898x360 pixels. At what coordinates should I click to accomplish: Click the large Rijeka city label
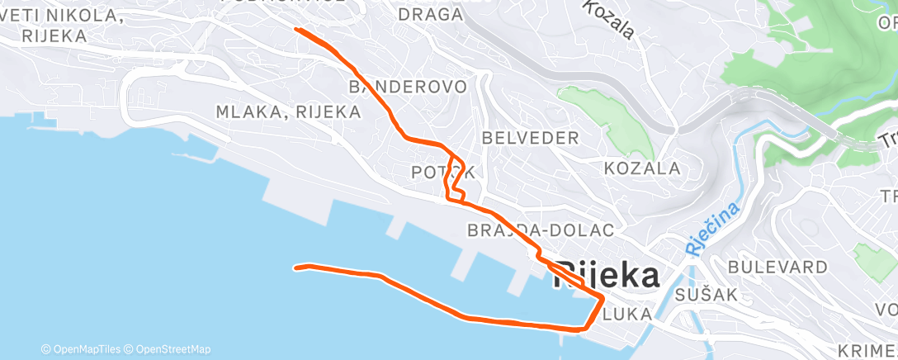pyautogui.click(x=607, y=276)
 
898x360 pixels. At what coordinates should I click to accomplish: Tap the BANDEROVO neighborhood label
pyautogui.click(x=409, y=87)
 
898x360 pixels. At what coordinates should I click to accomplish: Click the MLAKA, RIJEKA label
pyautogui.click(x=288, y=111)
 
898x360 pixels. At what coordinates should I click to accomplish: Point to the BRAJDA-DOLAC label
pyautogui.click(x=541, y=230)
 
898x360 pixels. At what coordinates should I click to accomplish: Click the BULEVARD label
pyautogui.click(x=777, y=268)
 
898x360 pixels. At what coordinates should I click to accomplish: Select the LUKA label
pyautogui.click(x=628, y=314)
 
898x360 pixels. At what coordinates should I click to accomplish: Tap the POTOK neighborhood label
pyautogui.click(x=443, y=173)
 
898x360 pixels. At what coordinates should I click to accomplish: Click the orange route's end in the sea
pyautogui.click(x=296, y=268)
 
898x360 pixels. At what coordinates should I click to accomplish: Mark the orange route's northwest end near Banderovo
pyautogui.click(x=296, y=30)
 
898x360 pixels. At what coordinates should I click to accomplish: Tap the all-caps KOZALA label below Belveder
pyautogui.click(x=642, y=168)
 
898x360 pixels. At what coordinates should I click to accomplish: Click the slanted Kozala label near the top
pyautogui.click(x=608, y=19)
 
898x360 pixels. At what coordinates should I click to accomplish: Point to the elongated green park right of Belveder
pyautogui.click(x=610, y=120)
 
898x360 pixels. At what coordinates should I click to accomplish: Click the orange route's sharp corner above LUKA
pyautogui.click(x=603, y=295)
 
